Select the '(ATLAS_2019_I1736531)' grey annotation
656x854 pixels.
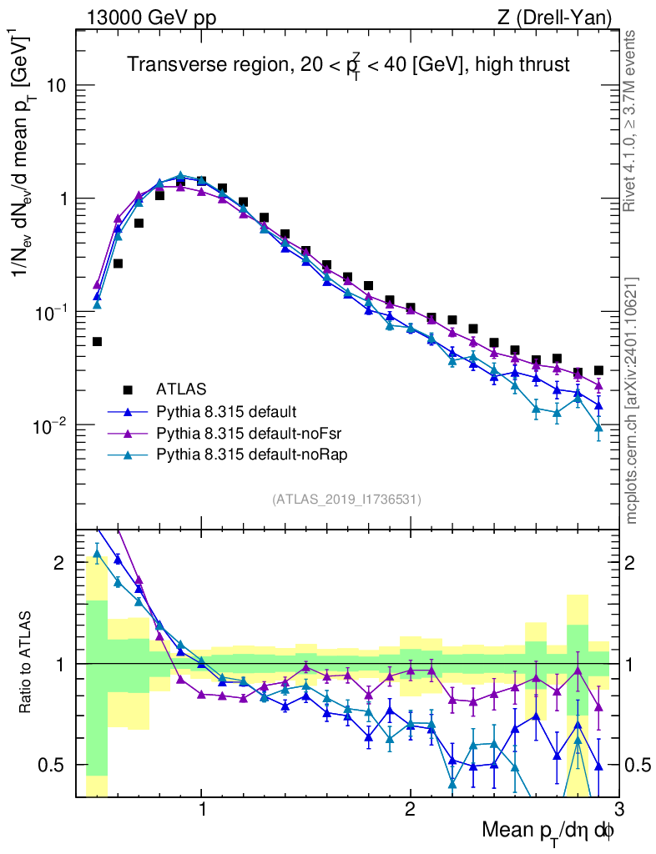pyautogui.click(x=346, y=500)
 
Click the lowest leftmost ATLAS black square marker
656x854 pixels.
pyautogui.click(x=97, y=341)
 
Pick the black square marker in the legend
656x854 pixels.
pyautogui.click(x=128, y=389)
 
